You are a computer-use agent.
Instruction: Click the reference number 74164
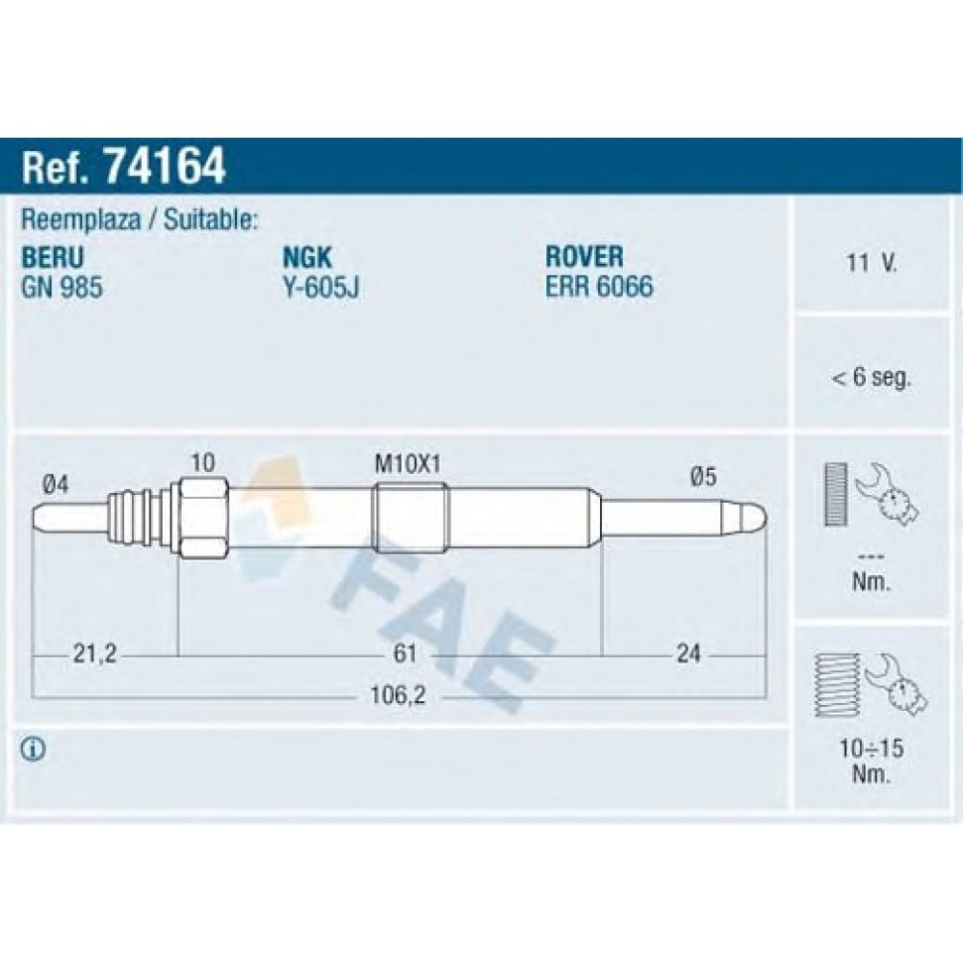[166, 166]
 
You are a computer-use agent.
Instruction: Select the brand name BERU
[52, 257]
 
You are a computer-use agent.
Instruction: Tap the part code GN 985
[62, 287]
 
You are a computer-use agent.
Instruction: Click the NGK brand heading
[307, 257]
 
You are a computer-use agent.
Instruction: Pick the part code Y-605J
[321, 287]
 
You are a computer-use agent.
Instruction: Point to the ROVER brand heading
[585, 257]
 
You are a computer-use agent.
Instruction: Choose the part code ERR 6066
[599, 287]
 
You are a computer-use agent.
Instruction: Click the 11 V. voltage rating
[872, 263]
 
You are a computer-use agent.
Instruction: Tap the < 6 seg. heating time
[871, 377]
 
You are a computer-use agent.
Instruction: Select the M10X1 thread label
[407, 464]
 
